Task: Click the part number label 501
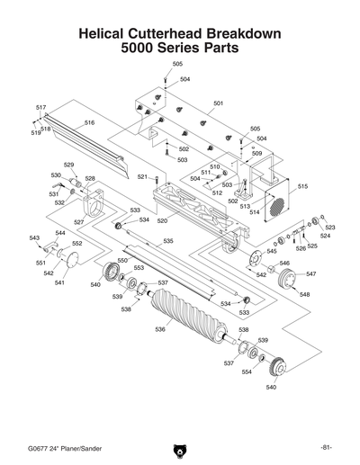coord(217,103)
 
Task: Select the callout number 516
coord(90,122)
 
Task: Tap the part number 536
coord(160,330)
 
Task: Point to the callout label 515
coord(302,186)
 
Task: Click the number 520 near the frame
coord(162,220)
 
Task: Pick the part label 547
coord(310,273)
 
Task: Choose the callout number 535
coord(167,241)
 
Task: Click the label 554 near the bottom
coord(247,371)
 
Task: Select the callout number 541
coord(59,282)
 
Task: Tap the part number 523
coord(329,228)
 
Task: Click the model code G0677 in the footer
coord(40,447)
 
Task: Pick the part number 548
coord(304,295)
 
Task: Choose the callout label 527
coord(79,221)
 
